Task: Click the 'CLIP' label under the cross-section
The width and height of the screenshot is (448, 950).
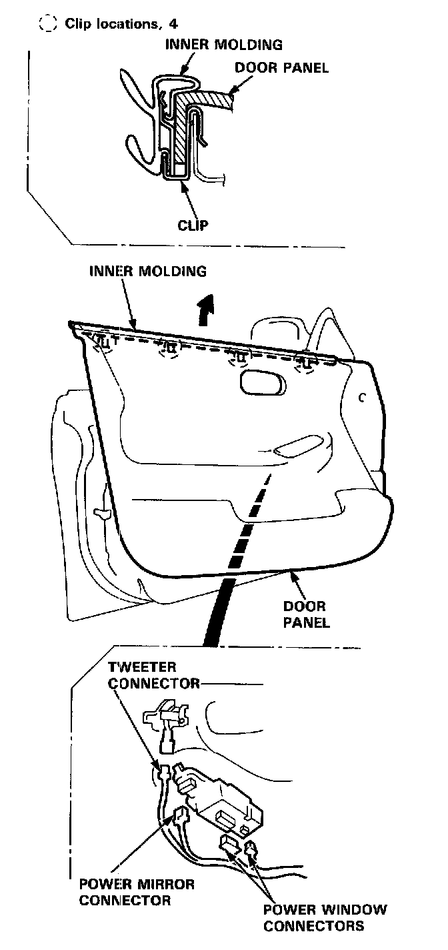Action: (193, 224)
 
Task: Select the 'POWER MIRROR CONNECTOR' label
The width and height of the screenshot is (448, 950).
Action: (137, 892)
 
